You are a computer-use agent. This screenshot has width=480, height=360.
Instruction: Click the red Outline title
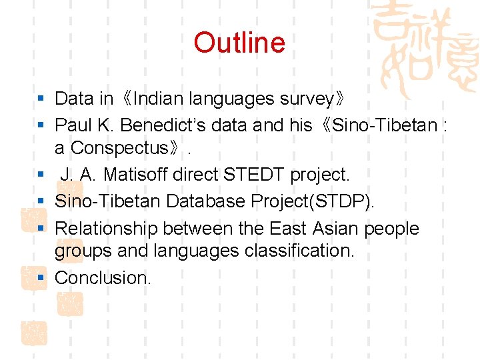(x=239, y=43)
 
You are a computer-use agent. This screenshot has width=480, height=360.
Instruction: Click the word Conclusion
(x=103, y=277)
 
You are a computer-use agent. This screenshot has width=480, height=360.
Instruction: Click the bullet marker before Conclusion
(x=41, y=277)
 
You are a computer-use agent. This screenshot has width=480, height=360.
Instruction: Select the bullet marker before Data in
(x=41, y=99)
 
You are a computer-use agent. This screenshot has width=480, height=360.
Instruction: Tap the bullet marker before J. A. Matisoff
(x=41, y=175)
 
